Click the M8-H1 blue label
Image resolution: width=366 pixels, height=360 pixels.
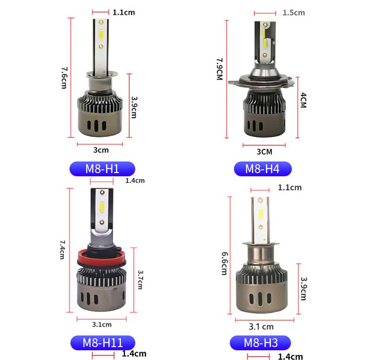tap(102, 169)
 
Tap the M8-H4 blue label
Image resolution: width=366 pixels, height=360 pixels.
tap(262, 169)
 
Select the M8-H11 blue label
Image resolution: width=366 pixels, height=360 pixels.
tap(103, 343)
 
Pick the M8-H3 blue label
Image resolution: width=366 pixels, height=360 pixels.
tap(261, 343)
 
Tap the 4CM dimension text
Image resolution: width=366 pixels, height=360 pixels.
tap(303, 100)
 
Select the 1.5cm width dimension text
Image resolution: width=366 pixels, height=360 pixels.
tap(294, 12)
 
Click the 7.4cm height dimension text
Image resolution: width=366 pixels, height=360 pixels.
tap(62, 249)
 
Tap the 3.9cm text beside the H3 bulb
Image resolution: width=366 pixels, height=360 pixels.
tap(303, 288)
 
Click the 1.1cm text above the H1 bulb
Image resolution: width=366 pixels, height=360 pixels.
tap(124, 12)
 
